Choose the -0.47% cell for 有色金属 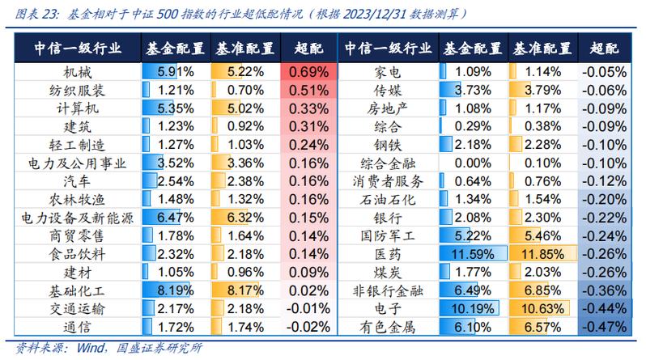pyautogui.click(x=605, y=327)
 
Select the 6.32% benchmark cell pyautogui.click(x=241, y=217)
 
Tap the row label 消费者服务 pyautogui.click(x=390, y=180)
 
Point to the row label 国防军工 pyautogui.click(x=390, y=235)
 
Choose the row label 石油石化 pyautogui.click(x=390, y=199)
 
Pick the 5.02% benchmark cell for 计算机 pyautogui.click(x=241, y=108)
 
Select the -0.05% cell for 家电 pyautogui.click(x=605, y=71)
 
